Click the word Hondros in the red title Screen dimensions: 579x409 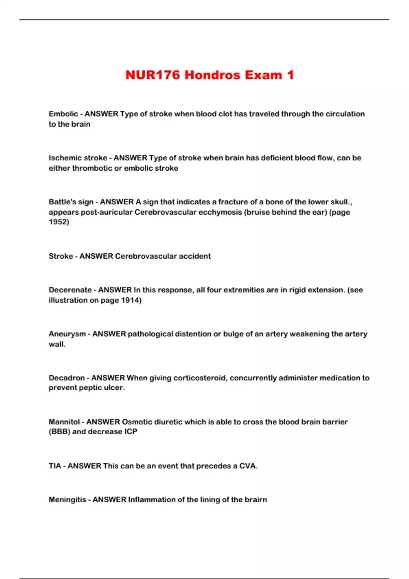(x=212, y=75)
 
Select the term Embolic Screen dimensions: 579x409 (x=63, y=114)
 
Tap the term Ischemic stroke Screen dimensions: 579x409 (x=78, y=158)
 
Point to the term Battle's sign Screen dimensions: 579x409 (x=71, y=202)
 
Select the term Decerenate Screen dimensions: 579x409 (x=70, y=290)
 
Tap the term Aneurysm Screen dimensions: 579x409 (x=67, y=334)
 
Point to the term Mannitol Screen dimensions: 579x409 (x=64, y=422)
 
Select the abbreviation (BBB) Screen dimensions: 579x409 (x=59, y=432)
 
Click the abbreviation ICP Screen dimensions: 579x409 (x=131, y=432)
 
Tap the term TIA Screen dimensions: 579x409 (x=55, y=466)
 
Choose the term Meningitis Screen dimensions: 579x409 (x=67, y=500)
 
